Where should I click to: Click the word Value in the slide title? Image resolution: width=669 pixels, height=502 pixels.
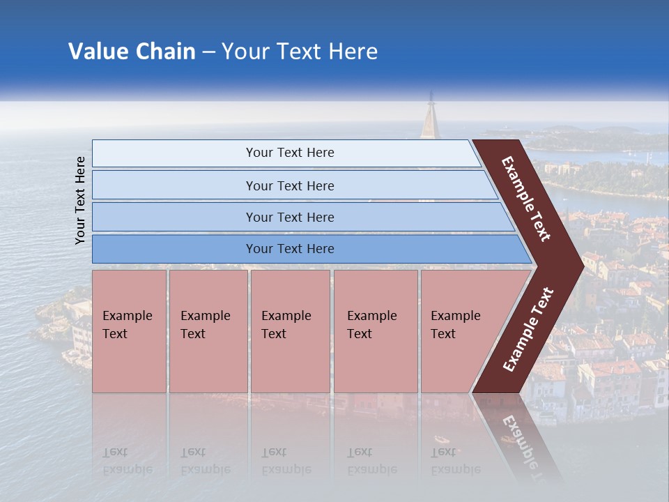pos(95,52)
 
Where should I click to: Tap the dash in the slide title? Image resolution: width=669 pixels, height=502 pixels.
pos(208,52)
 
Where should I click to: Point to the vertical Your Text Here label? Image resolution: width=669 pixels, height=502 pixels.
pos(80,200)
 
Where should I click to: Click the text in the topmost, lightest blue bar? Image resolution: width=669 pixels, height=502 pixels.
pos(290,153)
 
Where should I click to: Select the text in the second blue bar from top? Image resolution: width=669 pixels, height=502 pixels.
pos(290,185)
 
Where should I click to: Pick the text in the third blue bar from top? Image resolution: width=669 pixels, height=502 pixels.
pos(290,217)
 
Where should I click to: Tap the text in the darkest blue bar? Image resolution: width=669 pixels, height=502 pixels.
pos(290,249)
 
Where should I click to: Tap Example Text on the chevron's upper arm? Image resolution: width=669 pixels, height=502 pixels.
pos(526,199)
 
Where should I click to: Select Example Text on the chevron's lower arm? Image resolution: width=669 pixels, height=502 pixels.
pos(528,330)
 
